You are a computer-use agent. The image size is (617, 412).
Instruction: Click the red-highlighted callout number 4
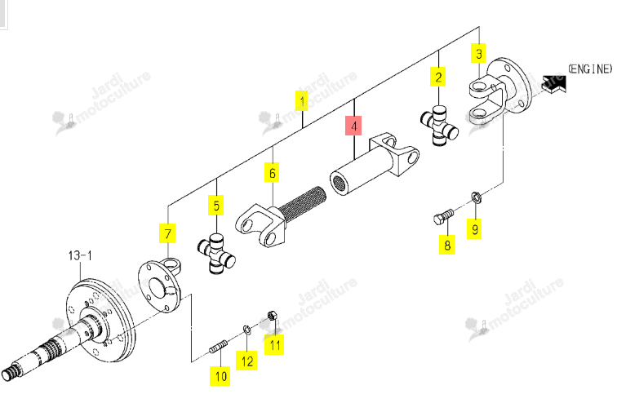[353, 126]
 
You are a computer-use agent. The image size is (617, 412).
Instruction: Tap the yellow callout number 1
[302, 100]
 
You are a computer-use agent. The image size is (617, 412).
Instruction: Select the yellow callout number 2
[438, 77]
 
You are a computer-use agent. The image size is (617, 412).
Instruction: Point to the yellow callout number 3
[478, 53]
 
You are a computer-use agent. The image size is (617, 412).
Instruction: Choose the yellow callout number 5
[216, 205]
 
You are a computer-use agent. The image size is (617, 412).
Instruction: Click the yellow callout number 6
[272, 172]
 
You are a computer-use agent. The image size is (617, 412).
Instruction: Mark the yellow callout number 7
[167, 233]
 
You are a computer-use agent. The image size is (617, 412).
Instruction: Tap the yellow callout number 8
[446, 245]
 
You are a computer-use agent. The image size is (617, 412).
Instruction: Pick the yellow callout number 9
[474, 228]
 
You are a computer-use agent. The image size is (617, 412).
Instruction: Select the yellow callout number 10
[220, 376]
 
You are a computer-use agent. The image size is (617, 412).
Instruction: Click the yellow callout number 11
[274, 345]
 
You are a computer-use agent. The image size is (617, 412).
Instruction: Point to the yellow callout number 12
[246, 361]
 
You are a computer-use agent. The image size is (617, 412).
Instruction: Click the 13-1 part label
[80, 255]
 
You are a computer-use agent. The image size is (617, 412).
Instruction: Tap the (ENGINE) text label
[590, 69]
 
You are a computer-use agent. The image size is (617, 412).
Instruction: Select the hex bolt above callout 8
[443, 217]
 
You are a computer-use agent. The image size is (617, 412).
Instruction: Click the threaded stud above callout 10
[218, 347]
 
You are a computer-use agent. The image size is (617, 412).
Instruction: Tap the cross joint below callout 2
[439, 125]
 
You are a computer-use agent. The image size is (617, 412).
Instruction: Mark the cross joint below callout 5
[216, 254]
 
